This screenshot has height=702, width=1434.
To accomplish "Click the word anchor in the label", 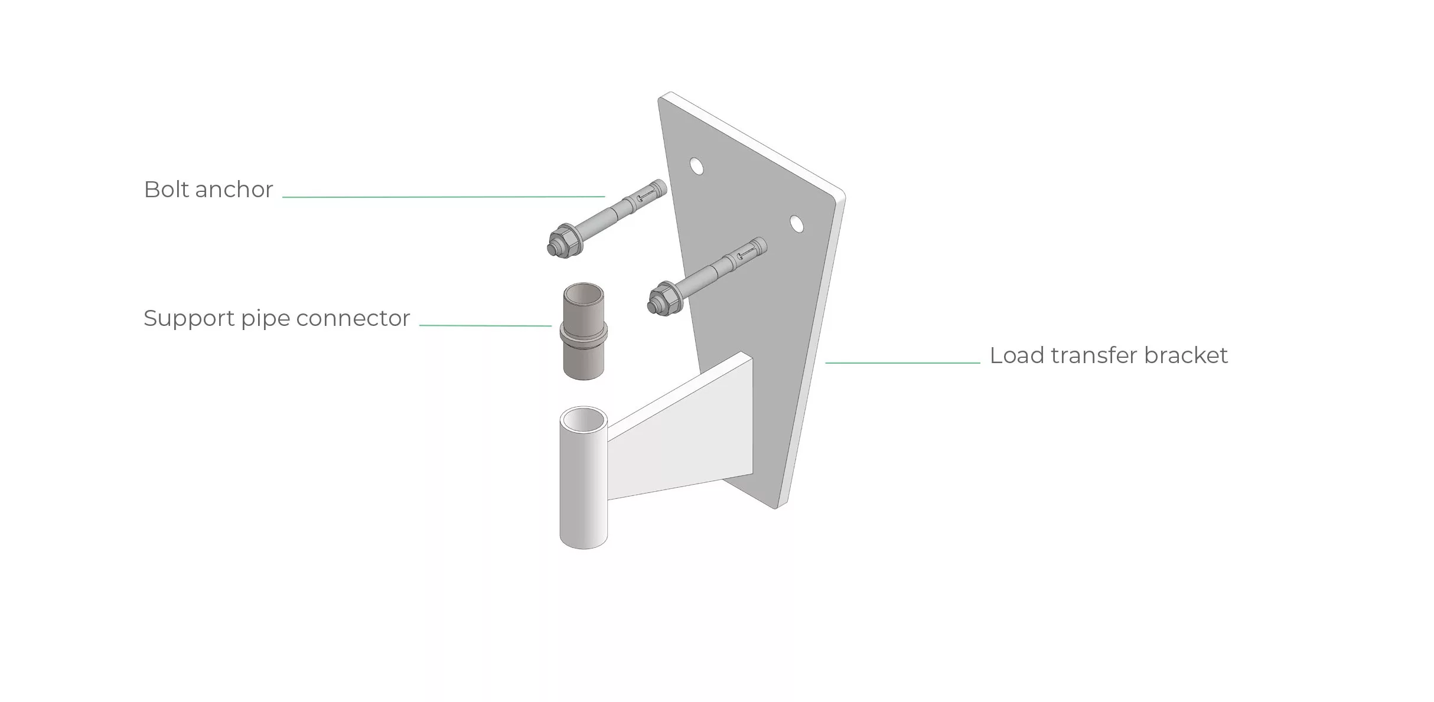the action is [234, 190].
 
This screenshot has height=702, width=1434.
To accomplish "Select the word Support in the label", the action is [189, 319].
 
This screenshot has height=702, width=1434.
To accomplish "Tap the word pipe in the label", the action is [266, 319].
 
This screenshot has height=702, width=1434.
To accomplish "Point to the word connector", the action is [353, 319].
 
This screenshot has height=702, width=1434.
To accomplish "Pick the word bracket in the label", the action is [1186, 355].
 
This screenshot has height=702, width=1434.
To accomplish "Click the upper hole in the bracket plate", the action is [697, 166].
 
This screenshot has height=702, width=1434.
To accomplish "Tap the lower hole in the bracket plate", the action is [797, 224].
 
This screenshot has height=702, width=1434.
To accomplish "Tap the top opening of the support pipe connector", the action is [584, 293].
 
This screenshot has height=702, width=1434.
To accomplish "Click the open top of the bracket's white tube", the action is [584, 420].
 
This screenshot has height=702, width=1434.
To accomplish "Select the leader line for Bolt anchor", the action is [444, 197].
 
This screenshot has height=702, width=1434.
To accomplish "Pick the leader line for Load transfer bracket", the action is [902, 363].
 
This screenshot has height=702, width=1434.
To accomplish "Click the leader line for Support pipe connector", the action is [485, 325].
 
